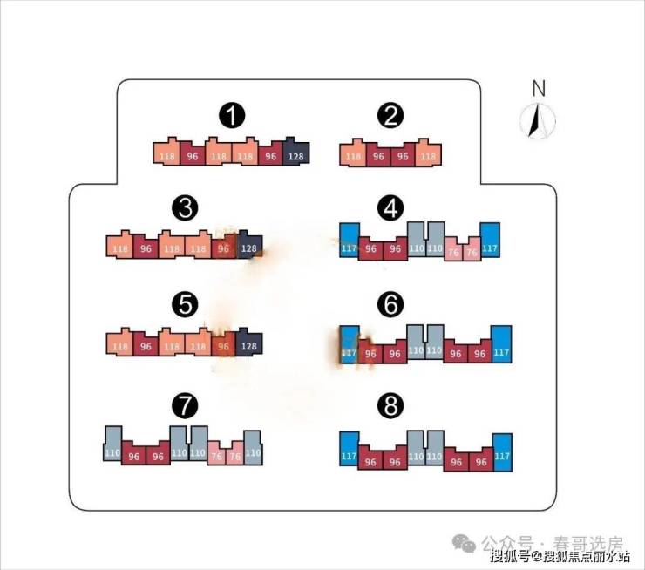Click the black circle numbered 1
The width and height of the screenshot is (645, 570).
[232, 115]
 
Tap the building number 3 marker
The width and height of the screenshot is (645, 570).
[186, 208]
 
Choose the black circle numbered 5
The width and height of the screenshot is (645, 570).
[186, 304]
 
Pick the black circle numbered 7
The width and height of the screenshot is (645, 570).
[186, 404]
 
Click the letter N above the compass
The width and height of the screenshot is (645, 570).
[538, 87]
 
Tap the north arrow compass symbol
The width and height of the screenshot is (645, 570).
[538, 121]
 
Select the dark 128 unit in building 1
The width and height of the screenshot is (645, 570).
[296, 153]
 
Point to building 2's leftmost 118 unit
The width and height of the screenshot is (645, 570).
[352, 154]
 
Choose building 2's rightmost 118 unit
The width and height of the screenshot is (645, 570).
[428, 154]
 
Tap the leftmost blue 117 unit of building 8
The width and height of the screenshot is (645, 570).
[349, 452]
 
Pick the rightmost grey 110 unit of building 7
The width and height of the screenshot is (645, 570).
[253, 448]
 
